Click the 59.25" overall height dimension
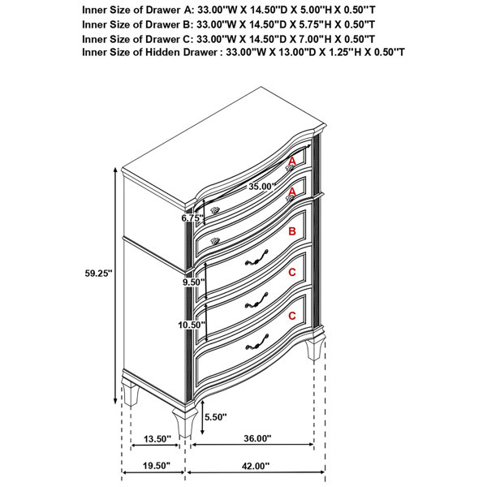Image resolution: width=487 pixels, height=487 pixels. click(x=98, y=274)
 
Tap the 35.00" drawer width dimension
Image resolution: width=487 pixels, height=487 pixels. click(x=262, y=187)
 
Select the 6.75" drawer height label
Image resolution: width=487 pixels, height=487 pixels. click(x=192, y=218)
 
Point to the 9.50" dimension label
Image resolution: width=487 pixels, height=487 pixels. click(x=194, y=282)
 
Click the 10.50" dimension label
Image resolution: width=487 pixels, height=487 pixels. click(x=192, y=325)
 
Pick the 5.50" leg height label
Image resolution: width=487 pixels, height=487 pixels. click(x=216, y=417)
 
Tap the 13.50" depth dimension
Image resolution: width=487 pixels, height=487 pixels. click(x=157, y=439)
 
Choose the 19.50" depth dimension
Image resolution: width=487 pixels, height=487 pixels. click(x=157, y=466)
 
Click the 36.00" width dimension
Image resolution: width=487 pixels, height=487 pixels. click(x=257, y=438)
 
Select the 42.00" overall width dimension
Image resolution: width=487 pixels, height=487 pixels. click(x=256, y=466)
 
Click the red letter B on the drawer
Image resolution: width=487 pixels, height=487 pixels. click(x=292, y=231)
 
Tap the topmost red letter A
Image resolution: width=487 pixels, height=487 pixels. click(x=292, y=162)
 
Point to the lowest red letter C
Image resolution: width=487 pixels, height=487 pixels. click(x=292, y=316)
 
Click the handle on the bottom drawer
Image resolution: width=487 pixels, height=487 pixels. click(x=256, y=343)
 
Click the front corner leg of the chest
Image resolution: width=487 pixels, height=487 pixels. click(x=185, y=422)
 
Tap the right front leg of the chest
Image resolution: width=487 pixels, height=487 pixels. click(x=315, y=347)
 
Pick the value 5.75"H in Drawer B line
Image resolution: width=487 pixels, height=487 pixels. click(x=313, y=24)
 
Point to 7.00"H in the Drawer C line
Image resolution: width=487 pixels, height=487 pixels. click(x=313, y=39)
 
